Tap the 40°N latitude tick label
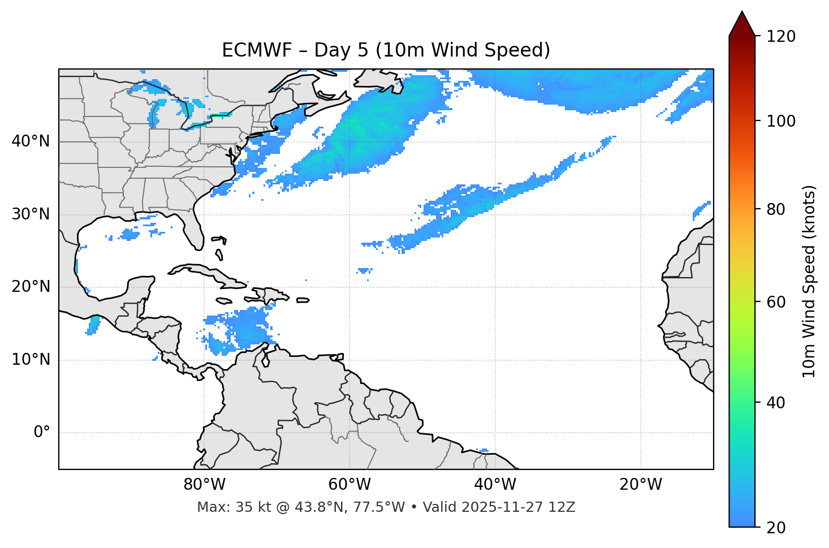click(31, 141)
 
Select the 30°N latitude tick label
click(31, 214)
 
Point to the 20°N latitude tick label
click(31, 287)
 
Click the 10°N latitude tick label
click(31, 360)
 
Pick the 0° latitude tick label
click(42, 433)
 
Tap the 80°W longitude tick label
click(204, 485)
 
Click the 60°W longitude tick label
click(349, 485)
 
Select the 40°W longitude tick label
click(495, 485)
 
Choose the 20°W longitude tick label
click(640, 485)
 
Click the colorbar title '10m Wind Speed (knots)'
click(809, 281)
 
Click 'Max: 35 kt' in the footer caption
click(223, 507)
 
